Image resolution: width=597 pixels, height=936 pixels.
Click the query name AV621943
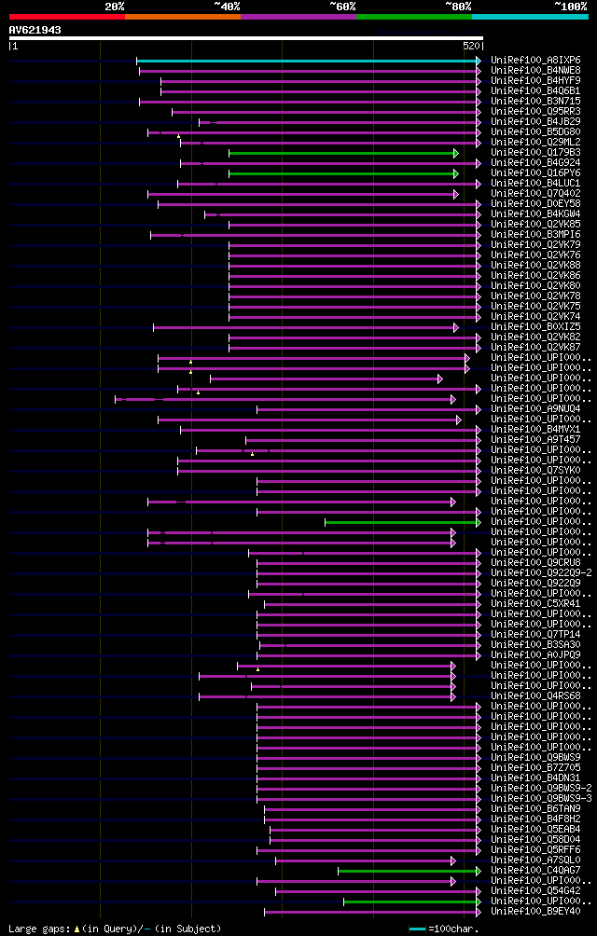click(35, 30)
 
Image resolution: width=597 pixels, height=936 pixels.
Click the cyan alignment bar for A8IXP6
click(308, 61)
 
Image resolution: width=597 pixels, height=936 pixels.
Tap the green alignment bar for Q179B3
click(342, 153)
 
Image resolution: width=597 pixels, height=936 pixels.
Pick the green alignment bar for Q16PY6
click(342, 173)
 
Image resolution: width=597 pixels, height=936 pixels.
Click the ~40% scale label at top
click(227, 6)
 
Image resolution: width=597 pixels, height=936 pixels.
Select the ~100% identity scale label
click(571, 6)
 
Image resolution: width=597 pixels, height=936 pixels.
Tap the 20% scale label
click(115, 6)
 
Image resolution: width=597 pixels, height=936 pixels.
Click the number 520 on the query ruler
click(470, 46)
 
